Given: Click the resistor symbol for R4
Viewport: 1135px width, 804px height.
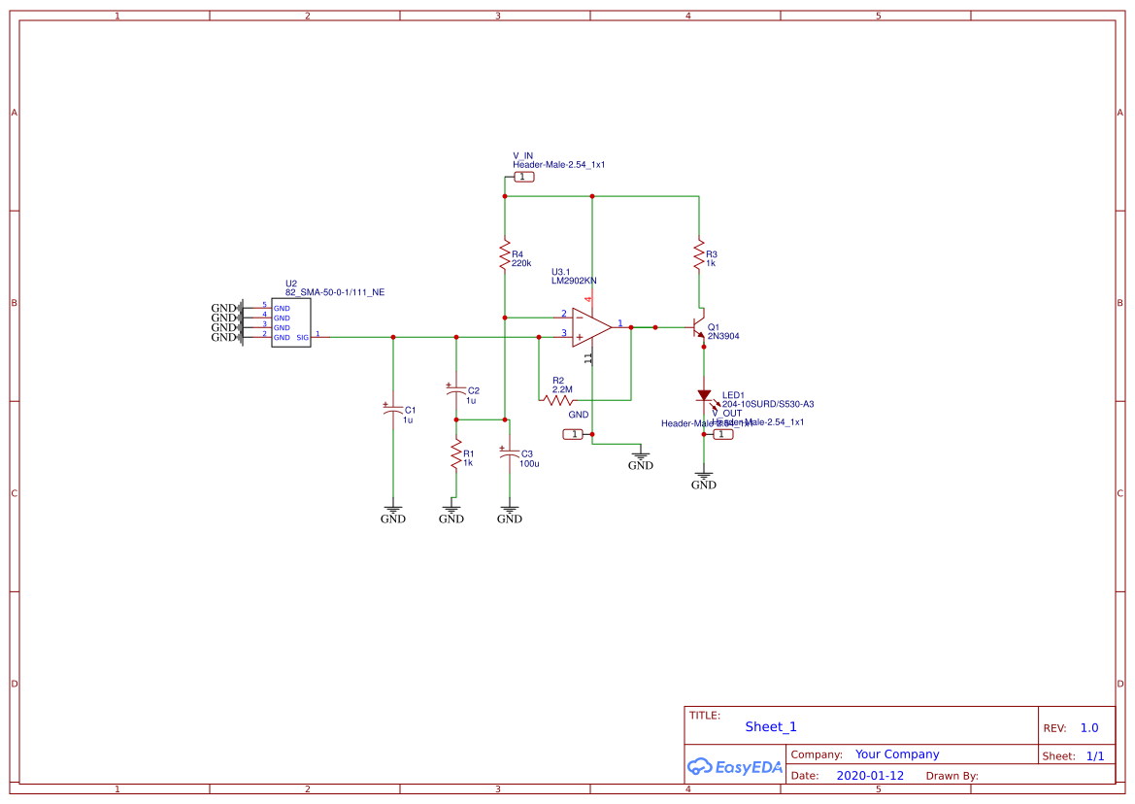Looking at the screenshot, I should [505, 255].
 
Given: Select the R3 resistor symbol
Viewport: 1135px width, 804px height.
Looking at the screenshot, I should [698, 255].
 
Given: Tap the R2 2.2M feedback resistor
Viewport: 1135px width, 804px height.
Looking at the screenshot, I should [558, 399].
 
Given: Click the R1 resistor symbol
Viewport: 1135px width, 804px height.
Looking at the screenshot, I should [455, 454].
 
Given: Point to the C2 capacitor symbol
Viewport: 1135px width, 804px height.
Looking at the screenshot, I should [455, 391].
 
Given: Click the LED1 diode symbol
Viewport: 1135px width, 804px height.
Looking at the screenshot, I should [704, 396].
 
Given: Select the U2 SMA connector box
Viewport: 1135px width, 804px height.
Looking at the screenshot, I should [290, 322].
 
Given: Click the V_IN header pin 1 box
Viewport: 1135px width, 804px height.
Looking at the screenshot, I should [523, 177].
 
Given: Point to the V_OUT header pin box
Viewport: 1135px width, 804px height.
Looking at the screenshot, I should [723, 434].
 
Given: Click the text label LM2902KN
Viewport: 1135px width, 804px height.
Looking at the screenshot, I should [574, 281].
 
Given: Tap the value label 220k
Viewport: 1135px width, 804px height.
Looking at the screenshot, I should [521, 263].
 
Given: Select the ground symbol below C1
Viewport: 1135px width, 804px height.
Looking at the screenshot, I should [392, 511].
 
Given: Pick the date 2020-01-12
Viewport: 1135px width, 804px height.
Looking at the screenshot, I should [870, 776].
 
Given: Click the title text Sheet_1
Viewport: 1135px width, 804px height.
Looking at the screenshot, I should [771, 726].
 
